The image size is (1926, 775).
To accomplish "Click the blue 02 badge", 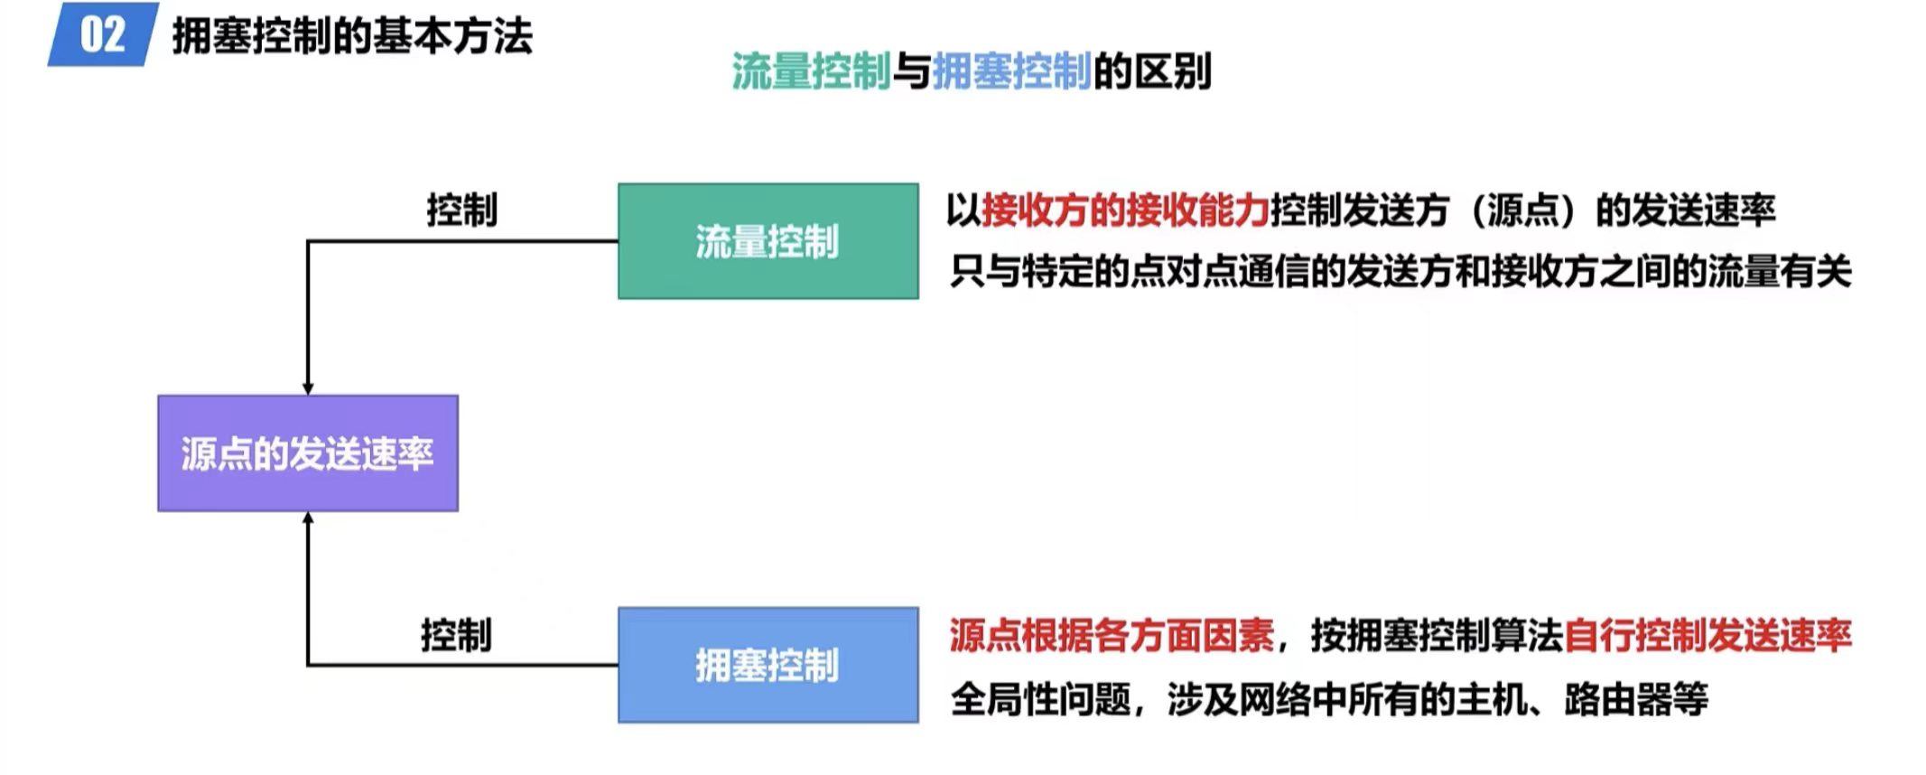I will click(x=103, y=34).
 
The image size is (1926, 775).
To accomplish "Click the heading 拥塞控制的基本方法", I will click(x=352, y=36).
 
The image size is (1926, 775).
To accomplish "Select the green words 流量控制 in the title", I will click(x=811, y=71).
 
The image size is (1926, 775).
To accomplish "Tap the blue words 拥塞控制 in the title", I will click(x=1011, y=71).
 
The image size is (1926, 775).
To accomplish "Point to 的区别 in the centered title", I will click(x=1152, y=71).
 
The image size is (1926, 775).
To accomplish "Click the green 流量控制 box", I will click(x=768, y=241).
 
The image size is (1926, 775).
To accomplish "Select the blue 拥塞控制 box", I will click(x=768, y=665).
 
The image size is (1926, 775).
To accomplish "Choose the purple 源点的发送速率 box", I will click(x=308, y=453).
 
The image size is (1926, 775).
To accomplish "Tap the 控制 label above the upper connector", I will click(x=461, y=210).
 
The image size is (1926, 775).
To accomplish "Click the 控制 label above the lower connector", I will click(x=456, y=635).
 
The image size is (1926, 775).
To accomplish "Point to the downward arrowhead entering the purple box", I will click(x=308, y=387).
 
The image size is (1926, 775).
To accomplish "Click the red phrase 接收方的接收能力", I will click(x=1125, y=210).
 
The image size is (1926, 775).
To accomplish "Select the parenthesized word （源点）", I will click(x=1522, y=210).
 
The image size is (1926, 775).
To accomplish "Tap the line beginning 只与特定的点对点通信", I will click(x=1400, y=271).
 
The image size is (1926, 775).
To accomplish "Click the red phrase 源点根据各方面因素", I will click(x=1112, y=635).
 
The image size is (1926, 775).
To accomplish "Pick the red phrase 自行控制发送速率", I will click(x=1707, y=635).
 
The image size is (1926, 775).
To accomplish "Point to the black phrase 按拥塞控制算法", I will click(x=1437, y=635).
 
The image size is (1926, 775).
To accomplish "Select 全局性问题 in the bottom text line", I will click(x=1040, y=699).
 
